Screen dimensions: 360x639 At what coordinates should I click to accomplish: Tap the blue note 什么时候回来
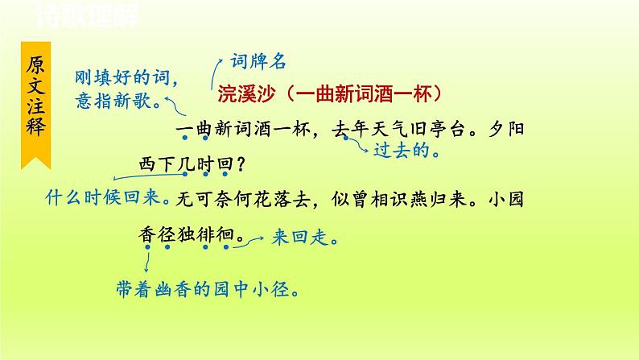click(96, 197)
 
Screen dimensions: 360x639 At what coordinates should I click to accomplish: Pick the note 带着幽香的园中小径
click(201, 288)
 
